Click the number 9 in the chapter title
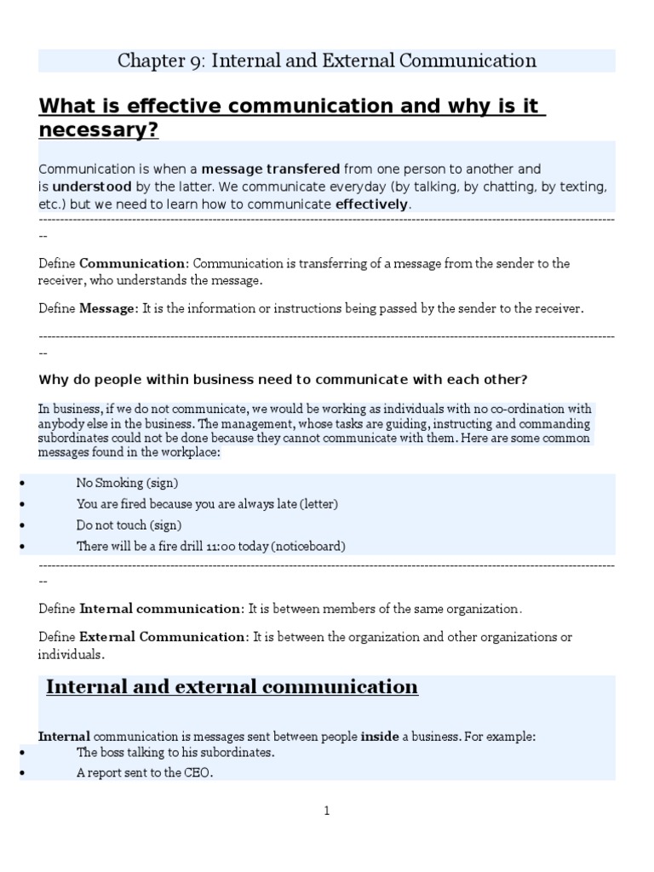tap(197, 61)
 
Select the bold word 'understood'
tap(92, 186)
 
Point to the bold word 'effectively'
tap(372, 204)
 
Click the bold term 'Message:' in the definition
tap(108, 308)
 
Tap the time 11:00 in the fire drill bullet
tap(221, 546)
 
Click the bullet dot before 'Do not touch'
tap(20, 525)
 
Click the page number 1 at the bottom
tap(326, 812)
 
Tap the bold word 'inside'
tap(380, 737)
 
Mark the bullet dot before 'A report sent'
tap(20, 773)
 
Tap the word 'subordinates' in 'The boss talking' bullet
tap(238, 753)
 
